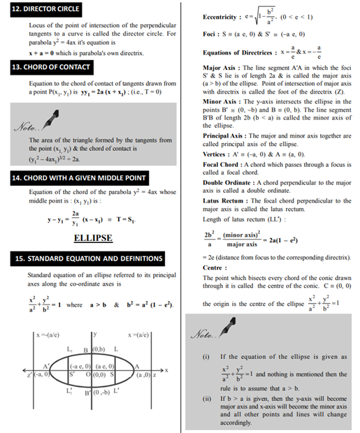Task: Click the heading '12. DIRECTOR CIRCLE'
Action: (x=46, y=9)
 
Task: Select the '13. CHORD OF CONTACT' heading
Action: (x=51, y=67)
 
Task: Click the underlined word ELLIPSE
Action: (x=92, y=238)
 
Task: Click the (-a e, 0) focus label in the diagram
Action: (x=82, y=367)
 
